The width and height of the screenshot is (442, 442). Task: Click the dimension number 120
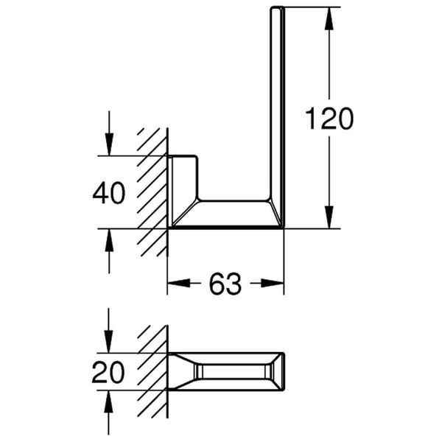329,118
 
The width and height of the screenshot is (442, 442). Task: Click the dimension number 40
109,193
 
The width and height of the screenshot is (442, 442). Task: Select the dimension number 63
225,284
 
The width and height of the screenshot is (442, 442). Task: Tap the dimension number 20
108,372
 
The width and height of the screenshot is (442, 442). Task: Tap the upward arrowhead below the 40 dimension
109,237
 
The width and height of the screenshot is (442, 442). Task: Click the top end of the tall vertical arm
277,10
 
